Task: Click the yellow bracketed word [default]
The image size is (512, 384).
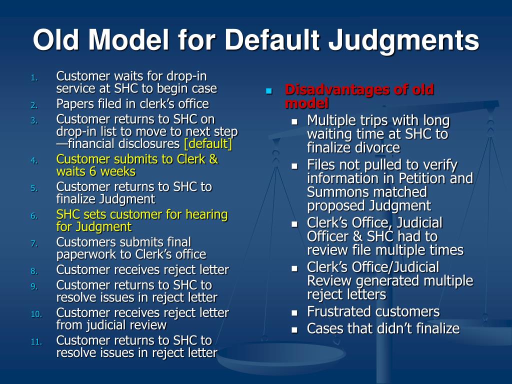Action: (x=207, y=144)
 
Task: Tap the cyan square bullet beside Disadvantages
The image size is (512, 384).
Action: (x=268, y=91)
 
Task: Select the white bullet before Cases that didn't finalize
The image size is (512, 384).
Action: (x=294, y=329)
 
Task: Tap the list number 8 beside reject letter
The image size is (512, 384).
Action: (x=34, y=271)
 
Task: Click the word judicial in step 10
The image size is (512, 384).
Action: (x=109, y=325)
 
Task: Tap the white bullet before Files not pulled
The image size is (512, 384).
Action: (x=294, y=166)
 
